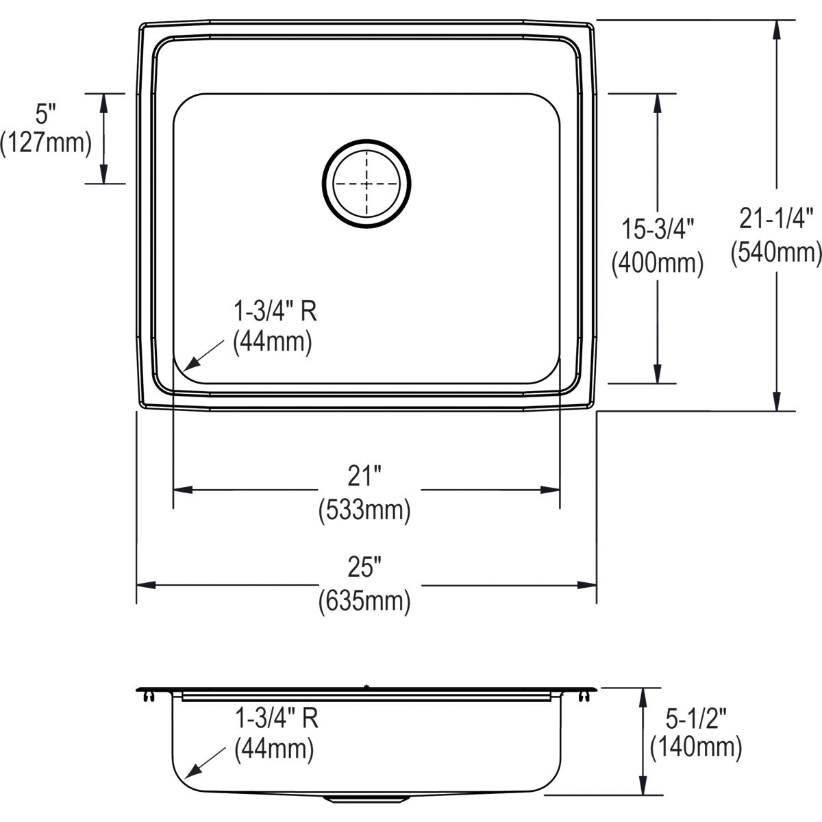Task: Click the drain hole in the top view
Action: point(366,184)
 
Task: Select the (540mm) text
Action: point(776,253)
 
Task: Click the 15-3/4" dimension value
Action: point(658,229)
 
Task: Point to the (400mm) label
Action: point(658,263)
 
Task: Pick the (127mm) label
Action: point(46,143)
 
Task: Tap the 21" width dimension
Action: point(364,476)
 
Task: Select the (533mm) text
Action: point(364,510)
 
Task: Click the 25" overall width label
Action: point(364,567)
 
